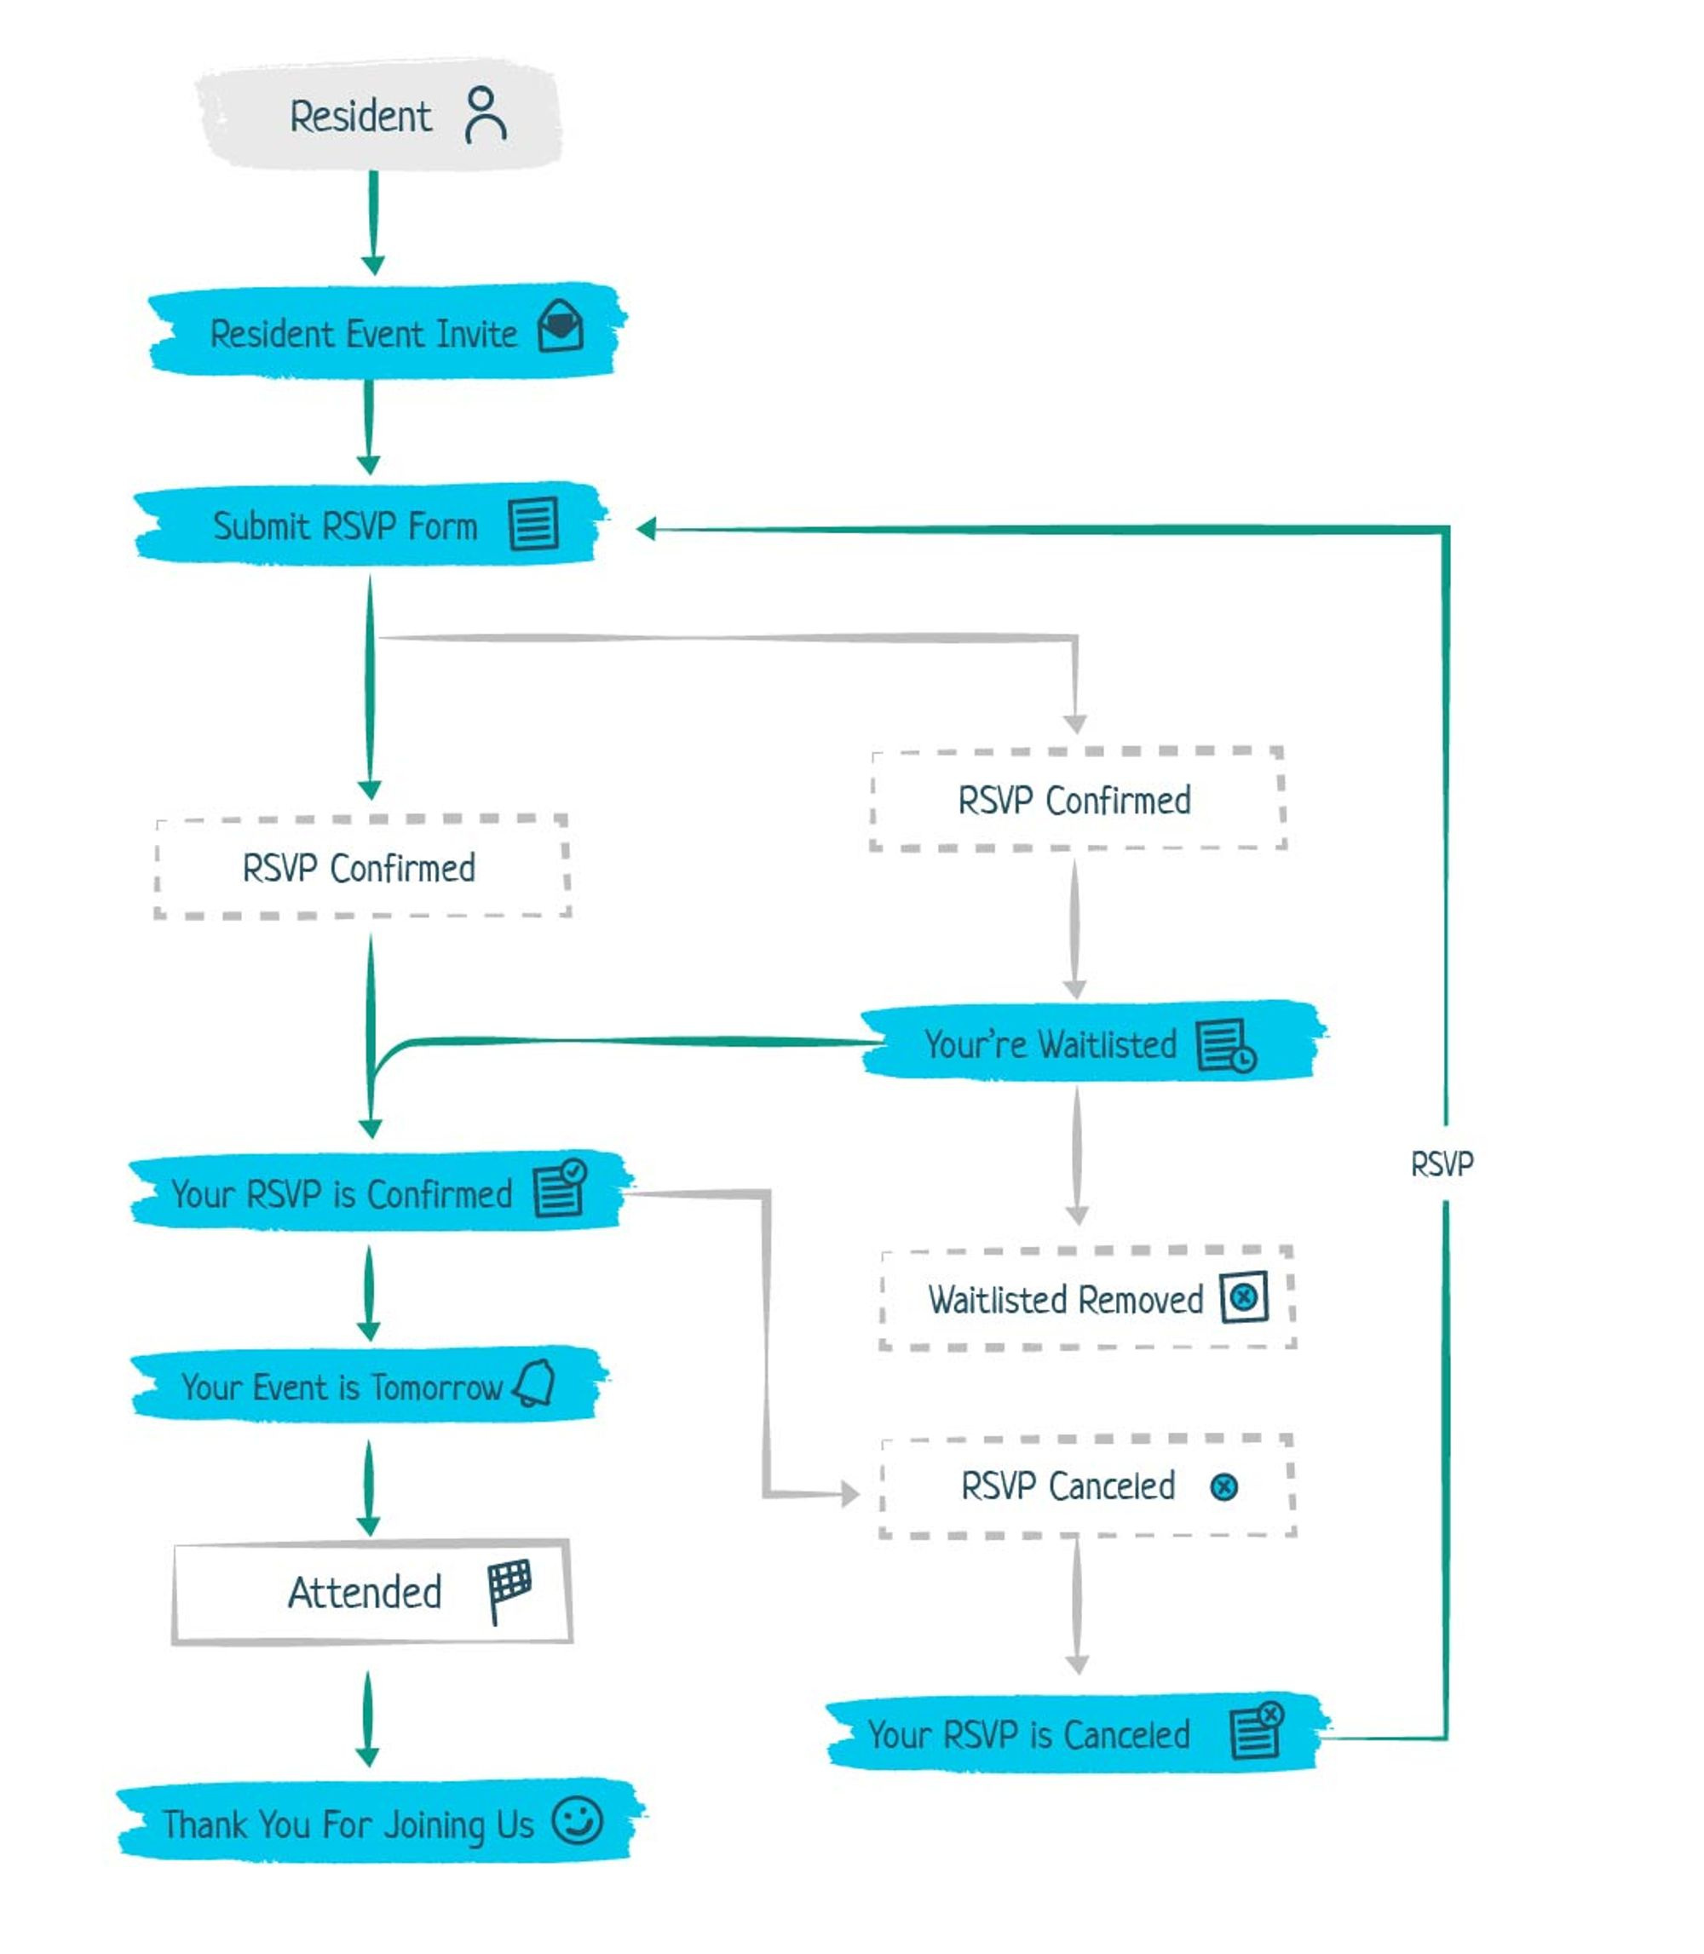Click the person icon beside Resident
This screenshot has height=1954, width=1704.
pyautogui.click(x=485, y=115)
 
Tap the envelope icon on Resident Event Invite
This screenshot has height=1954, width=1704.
pyautogui.click(x=560, y=326)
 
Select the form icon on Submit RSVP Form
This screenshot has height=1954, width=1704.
pyautogui.click(x=533, y=524)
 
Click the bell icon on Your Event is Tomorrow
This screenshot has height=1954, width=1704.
pyautogui.click(x=535, y=1382)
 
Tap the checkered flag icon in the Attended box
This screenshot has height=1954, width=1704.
pyautogui.click(x=509, y=1589)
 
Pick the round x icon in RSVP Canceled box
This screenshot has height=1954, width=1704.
pyautogui.click(x=1223, y=1486)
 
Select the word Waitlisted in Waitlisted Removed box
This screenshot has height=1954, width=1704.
pyautogui.click(x=998, y=1300)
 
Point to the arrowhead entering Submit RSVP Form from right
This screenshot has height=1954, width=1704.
pyautogui.click(x=646, y=530)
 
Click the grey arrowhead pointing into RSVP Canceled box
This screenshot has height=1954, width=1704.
pyautogui.click(x=849, y=1494)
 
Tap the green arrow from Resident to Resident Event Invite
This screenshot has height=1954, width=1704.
pyautogui.click(x=373, y=223)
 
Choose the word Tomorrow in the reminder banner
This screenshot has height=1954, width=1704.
pyautogui.click(x=436, y=1388)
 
